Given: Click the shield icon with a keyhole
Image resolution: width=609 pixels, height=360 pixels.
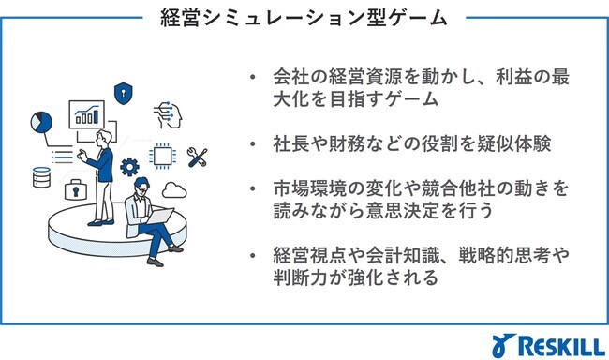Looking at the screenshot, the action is point(120,93).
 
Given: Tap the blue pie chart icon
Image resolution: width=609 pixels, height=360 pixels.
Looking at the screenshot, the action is point(40,122).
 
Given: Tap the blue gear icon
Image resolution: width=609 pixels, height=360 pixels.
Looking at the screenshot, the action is point(130,169).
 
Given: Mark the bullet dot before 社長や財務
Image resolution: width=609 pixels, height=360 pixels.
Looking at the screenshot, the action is point(253,145).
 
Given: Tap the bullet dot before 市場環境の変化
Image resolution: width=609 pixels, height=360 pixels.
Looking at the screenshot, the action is point(253,189).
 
